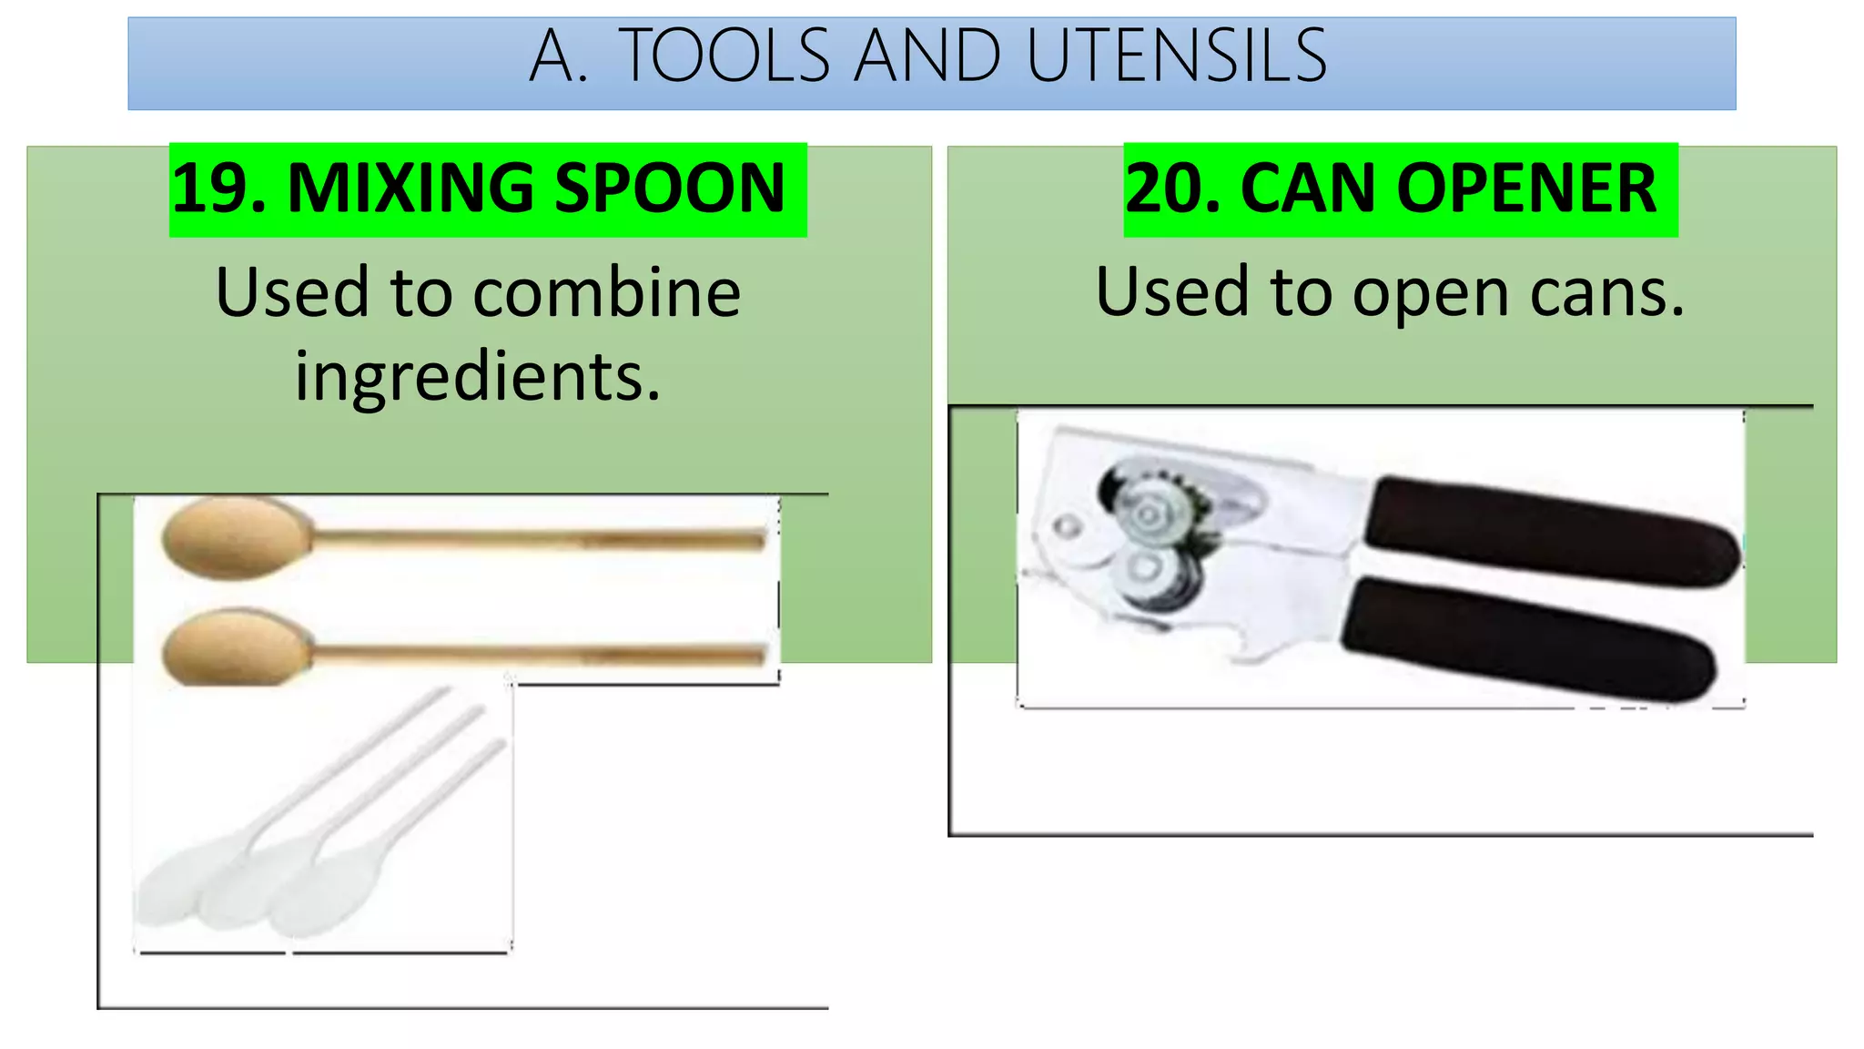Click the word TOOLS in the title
(724, 56)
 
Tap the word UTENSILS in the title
(1176, 56)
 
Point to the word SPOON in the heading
(670, 188)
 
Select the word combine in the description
(607, 293)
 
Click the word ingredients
(477, 376)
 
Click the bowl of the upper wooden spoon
(235, 538)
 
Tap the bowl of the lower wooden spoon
(235, 647)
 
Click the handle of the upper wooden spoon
(537, 540)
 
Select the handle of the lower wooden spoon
(537, 653)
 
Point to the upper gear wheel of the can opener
(1149, 512)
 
